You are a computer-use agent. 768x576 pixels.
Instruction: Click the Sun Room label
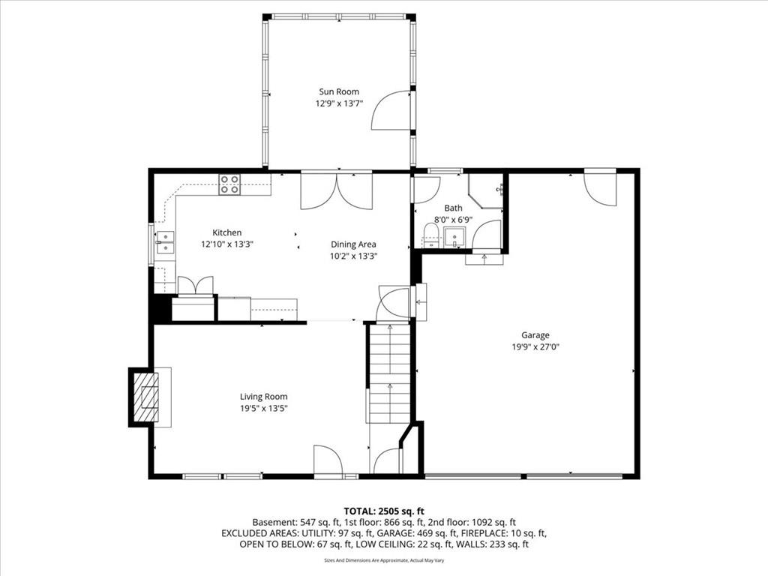[334, 91]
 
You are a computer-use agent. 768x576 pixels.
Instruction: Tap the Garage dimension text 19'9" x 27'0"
[535, 347]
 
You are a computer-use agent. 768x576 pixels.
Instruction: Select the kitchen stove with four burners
[229, 184]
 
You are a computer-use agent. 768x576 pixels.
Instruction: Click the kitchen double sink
[165, 238]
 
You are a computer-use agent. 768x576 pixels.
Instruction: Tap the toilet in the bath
[430, 235]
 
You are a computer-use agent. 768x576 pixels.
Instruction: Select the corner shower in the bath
[484, 189]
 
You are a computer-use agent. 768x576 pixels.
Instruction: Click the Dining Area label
[353, 244]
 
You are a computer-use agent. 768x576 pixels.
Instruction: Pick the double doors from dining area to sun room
[336, 190]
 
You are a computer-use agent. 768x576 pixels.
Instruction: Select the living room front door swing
[326, 460]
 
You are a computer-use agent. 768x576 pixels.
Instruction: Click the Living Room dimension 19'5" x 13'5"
[263, 409]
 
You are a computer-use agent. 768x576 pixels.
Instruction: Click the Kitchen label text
[226, 232]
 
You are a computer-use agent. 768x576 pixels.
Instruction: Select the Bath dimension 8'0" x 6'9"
[453, 219]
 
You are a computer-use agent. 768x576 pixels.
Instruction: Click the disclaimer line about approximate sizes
[384, 560]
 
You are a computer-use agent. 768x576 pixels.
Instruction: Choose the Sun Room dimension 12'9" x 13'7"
[338, 104]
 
